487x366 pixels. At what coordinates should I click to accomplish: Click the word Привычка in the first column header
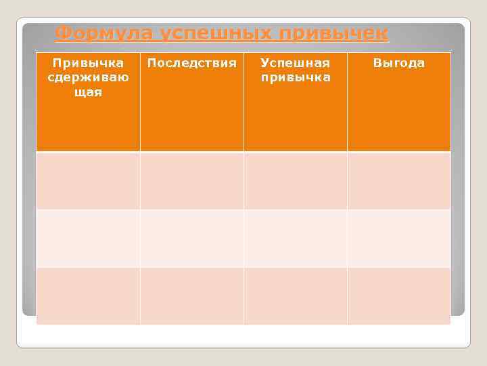88,63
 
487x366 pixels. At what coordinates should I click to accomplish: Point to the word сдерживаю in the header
88,77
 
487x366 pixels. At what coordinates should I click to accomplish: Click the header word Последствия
192,63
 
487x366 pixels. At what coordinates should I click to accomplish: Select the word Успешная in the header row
296,63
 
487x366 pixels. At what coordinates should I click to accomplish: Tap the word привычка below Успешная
296,77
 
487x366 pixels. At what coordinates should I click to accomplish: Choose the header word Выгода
399,63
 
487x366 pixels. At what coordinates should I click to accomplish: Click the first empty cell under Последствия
192,180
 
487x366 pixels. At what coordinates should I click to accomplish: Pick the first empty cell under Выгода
399,180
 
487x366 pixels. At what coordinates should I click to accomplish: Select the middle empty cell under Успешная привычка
296,238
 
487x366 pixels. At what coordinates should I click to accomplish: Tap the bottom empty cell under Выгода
399,296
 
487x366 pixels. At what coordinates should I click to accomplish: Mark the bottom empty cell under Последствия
192,296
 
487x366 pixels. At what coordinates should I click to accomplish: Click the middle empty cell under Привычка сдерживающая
88,238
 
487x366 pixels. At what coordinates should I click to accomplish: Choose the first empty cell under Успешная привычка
296,180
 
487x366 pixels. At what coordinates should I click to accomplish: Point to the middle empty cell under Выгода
399,238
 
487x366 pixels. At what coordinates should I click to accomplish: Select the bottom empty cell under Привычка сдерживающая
88,296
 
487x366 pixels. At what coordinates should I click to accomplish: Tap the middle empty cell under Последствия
192,238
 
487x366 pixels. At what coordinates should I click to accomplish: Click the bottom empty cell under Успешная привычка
296,296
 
